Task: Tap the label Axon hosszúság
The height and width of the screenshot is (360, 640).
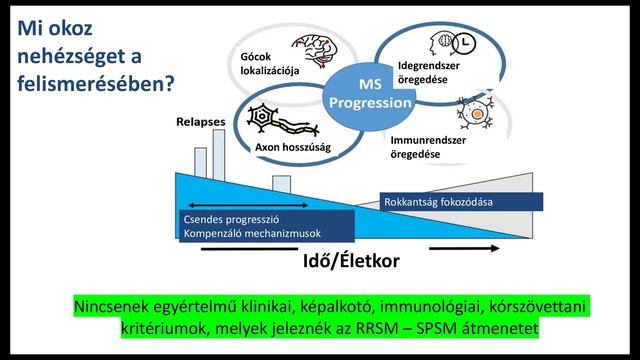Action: click(x=293, y=147)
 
